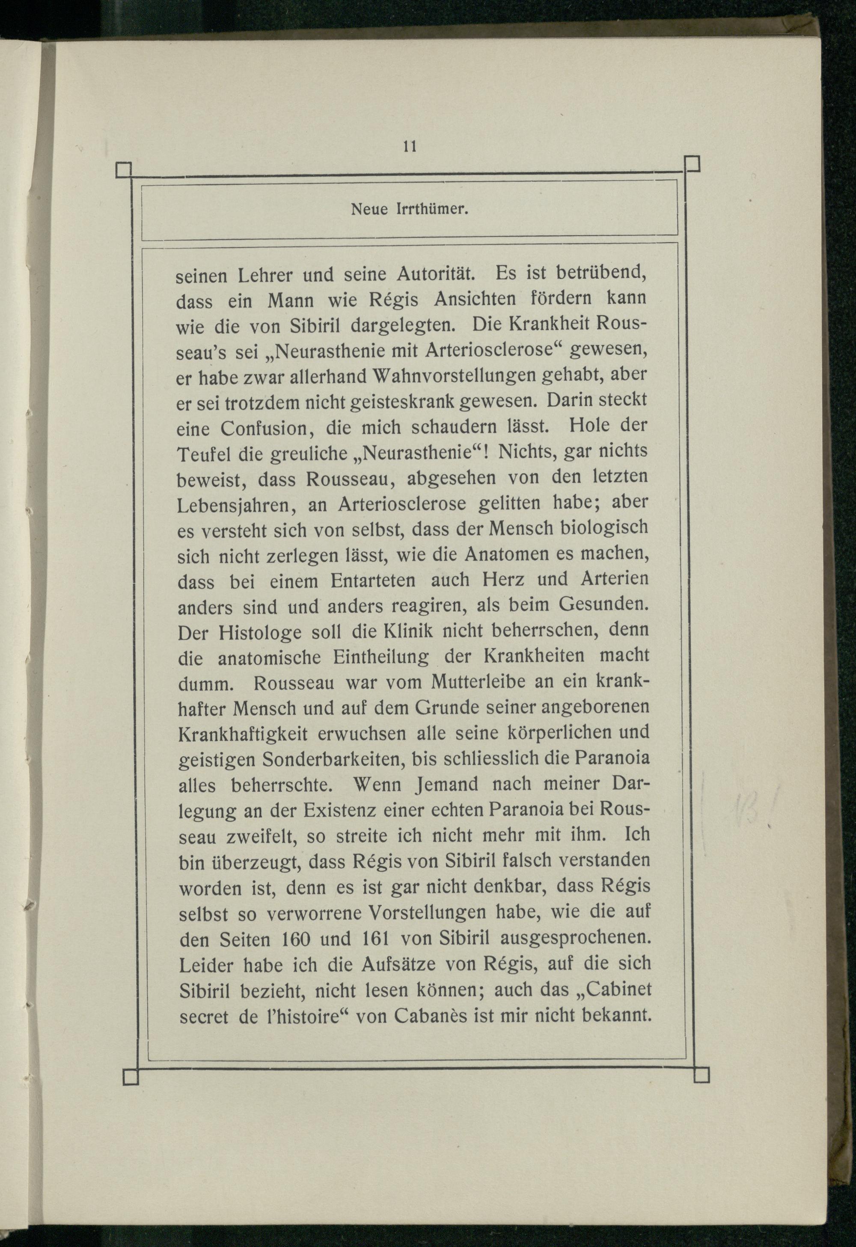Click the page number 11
[x=410, y=146]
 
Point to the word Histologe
[x=260, y=632]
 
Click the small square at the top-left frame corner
[x=123, y=170]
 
